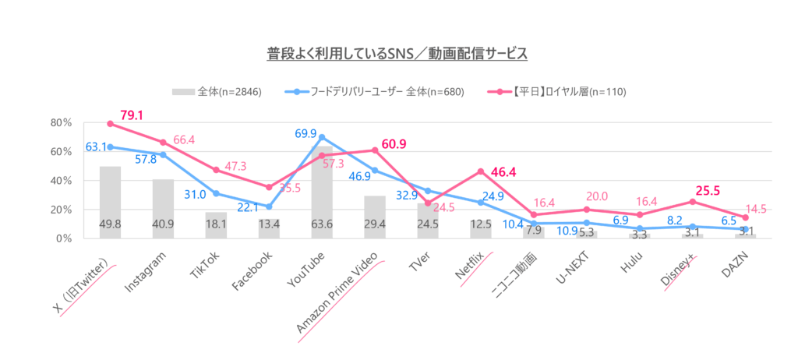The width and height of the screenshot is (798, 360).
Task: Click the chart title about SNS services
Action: (x=398, y=54)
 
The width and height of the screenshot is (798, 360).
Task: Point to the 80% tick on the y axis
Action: (x=61, y=123)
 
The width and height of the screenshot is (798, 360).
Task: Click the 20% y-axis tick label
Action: (x=61, y=210)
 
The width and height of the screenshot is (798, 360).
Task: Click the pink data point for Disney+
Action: (x=692, y=201)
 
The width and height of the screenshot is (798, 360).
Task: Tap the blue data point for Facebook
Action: (x=269, y=206)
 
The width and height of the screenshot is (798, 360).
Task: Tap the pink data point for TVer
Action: (x=427, y=203)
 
